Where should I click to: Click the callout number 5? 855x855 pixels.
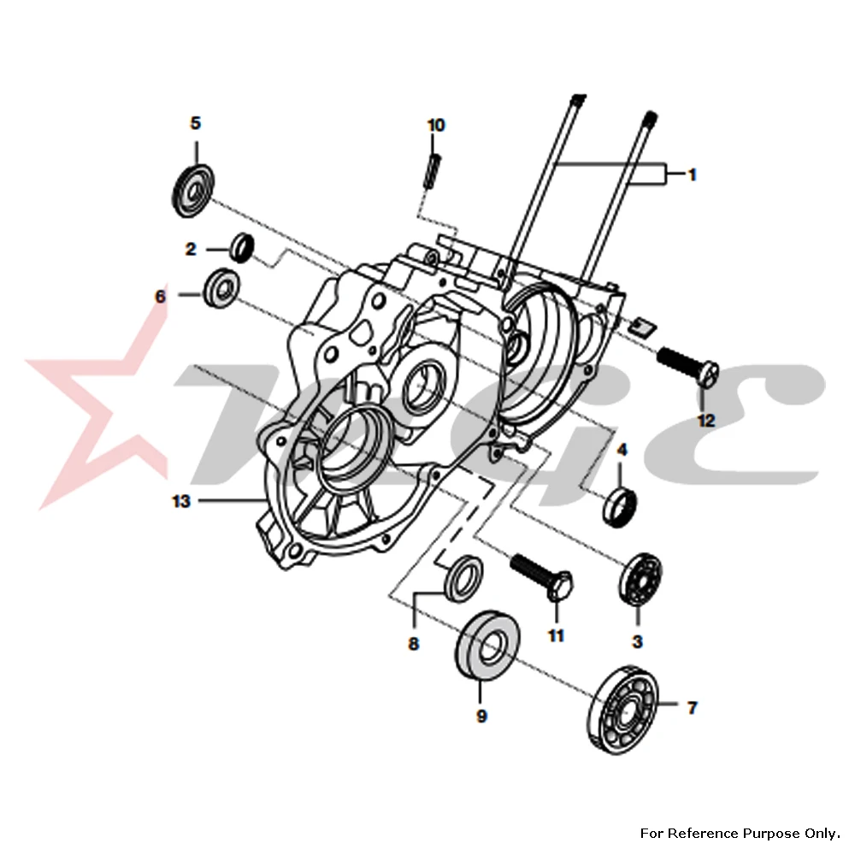coord(195,124)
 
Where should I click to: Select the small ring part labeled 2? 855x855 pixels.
coord(242,246)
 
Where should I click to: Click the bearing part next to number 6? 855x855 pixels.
coord(221,285)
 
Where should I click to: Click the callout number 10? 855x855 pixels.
coord(436,125)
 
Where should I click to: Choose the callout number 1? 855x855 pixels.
coord(692,174)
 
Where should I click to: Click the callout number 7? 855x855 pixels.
coord(692,707)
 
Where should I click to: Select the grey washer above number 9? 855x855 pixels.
coord(488,646)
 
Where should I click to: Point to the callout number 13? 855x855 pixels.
coord(181,501)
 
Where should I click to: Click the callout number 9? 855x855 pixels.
coord(481,716)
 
